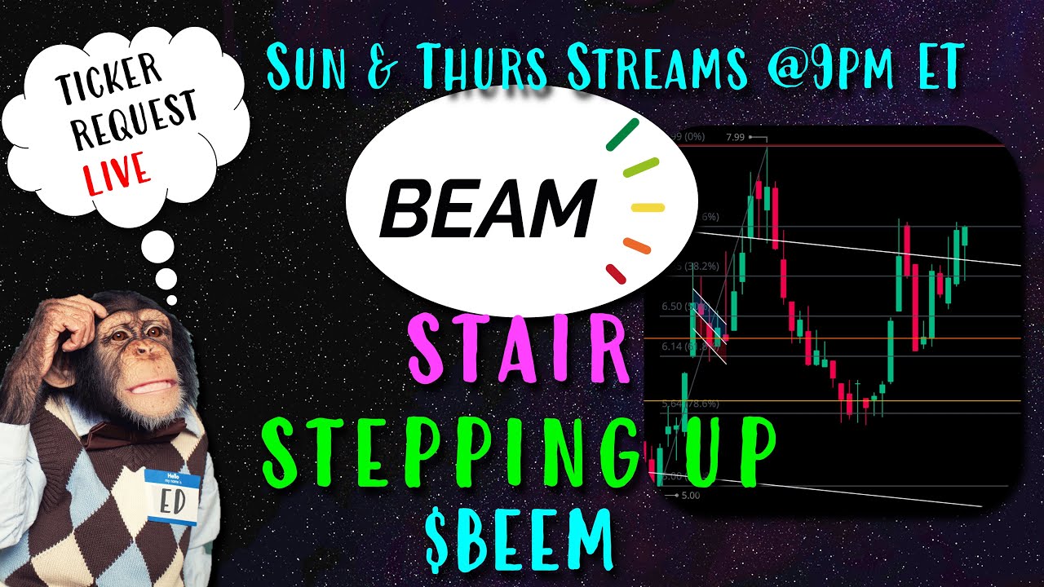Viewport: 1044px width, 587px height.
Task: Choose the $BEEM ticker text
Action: point(519,539)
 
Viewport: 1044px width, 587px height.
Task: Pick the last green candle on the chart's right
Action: point(964,236)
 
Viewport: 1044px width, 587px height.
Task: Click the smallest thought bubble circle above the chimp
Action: point(171,300)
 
